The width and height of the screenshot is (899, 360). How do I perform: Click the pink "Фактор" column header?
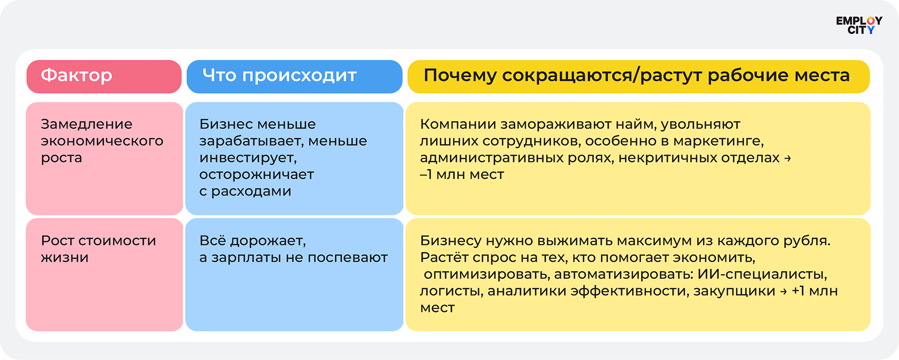pyautogui.click(x=104, y=77)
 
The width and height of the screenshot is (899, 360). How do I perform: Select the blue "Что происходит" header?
pyautogui.click(x=294, y=77)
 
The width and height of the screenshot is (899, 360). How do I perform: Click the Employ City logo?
pyautogui.click(x=859, y=25)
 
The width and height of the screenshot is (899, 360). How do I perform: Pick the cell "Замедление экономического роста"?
pyautogui.click(x=104, y=159)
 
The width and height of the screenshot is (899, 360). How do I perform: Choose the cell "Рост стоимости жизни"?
pyautogui.click(x=104, y=274)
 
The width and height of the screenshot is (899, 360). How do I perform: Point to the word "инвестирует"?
pyautogui.click(x=248, y=158)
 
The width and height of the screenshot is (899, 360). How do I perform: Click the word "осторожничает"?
pyautogui.click(x=256, y=175)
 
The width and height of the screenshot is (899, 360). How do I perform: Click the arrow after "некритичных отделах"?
pyautogui.click(x=787, y=158)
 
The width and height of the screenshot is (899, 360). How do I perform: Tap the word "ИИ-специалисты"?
pyautogui.click(x=762, y=274)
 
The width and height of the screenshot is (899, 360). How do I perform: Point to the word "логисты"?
pyautogui.click(x=451, y=291)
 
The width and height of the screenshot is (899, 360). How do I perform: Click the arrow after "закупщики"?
pyautogui.click(x=783, y=291)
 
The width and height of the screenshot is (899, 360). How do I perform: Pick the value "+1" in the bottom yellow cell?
pyautogui.click(x=798, y=291)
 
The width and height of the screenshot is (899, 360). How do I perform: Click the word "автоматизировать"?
pyautogui.click(x=623, y=275)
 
